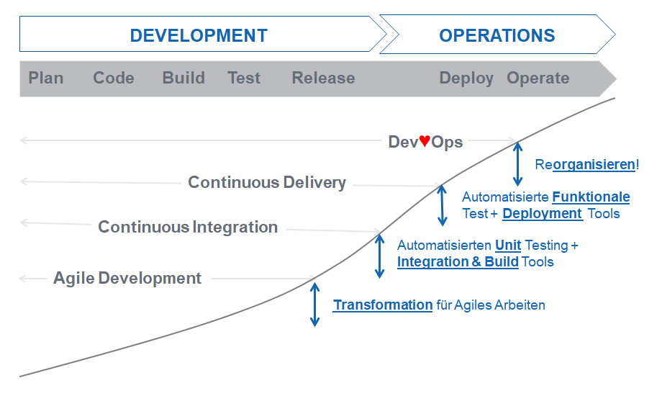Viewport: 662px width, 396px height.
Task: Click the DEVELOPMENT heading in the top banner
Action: pyautogui.click(x=199, y=35)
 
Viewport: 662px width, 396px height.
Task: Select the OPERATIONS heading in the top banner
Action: pyautogui.click(x=497, y=35)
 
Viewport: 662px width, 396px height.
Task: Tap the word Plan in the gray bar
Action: pyautogui.click(x=45, y=78)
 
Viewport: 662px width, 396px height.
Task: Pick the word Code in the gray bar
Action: pyautogui.click(x=114, y=78)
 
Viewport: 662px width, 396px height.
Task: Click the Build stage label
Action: pyautogui.click(x=183, y=78)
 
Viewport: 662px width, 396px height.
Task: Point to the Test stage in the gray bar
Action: pyautogui.click(x=244, y=78)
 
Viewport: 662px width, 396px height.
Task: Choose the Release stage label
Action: pyautogui.click(x=323, y=78)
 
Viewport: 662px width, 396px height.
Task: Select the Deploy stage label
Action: pyautogui.click(x=466, y=79)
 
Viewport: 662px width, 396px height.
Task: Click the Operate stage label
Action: pyautogui.click(x=538, y=79)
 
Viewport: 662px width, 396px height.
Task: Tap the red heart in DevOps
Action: pyautogui.click(x=425, y=140)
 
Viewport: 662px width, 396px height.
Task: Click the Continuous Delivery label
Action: pyautogui.click(x=267, y=183)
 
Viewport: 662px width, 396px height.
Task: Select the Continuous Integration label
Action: pyautogui.click(x=188, y=228)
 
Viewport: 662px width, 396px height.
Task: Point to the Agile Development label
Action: pyautogui.click(x=127, y=279)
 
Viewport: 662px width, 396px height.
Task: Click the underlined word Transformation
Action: pyautogui.click(x=383, y=305)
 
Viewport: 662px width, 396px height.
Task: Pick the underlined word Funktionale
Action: pyautogui.click(x=591, y=197)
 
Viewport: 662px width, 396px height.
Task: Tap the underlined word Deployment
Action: pyautogui.click(x=543, y=214)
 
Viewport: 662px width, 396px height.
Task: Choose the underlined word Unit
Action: pyautogui.click(x=508, y=246)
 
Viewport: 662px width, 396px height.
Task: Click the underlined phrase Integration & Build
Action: pyautogui.click(x=458, y=262)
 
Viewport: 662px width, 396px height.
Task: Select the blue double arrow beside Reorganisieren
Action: pyautogui.click(x=517, y=164)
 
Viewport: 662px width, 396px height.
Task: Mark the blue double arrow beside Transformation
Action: pyautogui.click(x=314, y=305)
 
